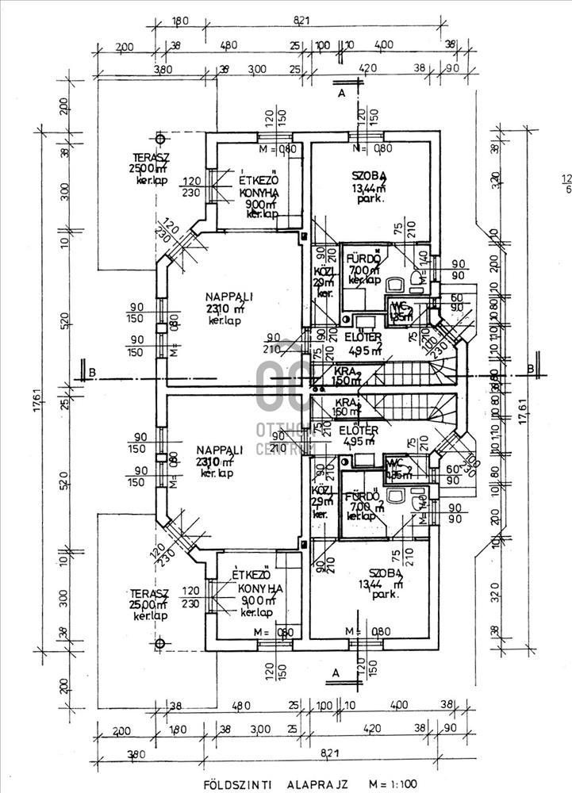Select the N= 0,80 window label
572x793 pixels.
(x=372, y=148)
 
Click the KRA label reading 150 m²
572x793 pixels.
(x=342, y=376)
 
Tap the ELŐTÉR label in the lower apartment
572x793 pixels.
(x=359, y=431)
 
